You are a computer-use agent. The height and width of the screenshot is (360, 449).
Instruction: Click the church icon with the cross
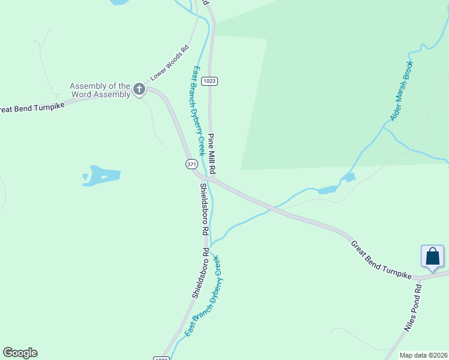(x=139, y=90)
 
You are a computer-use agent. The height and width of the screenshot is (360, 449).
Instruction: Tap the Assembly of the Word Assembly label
(x=100, y=90)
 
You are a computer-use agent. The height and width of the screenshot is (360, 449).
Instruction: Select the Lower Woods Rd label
(x=170, y=62)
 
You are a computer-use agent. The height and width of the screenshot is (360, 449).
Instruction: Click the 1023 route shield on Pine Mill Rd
(x=209, y=81)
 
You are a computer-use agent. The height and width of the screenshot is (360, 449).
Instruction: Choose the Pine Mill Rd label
(x=212, y=154)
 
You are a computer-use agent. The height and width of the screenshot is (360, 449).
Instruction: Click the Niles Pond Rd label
(x=414, y=307)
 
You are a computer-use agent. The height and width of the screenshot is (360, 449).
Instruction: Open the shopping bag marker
(x=432, y=256)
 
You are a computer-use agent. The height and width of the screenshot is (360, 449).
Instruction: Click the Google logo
(x=20, y=353)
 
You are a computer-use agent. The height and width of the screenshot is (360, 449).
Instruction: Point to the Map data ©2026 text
(x=424, y=355)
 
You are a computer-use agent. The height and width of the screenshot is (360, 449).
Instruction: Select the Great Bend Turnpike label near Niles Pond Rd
(x=381, y=259)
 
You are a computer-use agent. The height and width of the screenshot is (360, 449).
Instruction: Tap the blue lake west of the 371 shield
(x=101, y=176)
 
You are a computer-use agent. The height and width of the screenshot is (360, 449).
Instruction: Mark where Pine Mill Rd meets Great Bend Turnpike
(x=211, y=178)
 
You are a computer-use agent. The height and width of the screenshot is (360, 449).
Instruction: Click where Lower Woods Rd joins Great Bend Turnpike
(x=147, y=88)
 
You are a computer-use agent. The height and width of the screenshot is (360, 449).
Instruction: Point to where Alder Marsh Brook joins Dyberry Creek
(x=211, y=242)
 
